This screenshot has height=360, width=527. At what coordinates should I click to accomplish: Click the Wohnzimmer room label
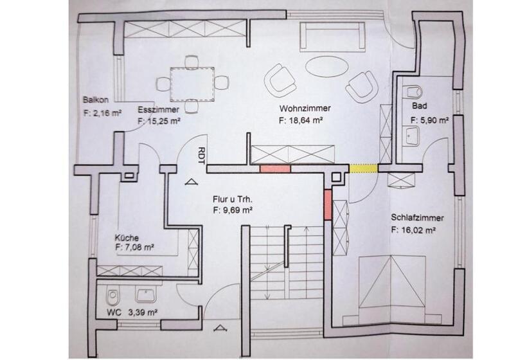[x=305, y=108]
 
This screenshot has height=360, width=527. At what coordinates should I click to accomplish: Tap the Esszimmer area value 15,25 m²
[x=159, y=122]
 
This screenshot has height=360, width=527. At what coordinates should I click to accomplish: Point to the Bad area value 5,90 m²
[x=429, y=120]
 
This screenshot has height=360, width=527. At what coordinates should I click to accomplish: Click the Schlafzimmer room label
[x=417, y=217]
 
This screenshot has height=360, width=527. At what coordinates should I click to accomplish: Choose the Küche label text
[x=127, y=238]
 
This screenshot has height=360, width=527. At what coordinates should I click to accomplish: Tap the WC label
[x=114, y=312]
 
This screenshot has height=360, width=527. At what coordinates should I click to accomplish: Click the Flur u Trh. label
[x=233, y=199]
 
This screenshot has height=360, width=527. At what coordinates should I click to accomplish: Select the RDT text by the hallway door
[x=201, y=156]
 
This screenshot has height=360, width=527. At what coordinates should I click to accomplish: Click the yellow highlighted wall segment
[x=364, y=168]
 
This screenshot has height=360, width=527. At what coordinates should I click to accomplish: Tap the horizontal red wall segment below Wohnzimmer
[x=275, y=168]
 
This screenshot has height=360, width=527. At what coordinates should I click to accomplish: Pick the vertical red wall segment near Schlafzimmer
[x=328, y=204]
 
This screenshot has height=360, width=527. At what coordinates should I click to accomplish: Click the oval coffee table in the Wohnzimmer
[x=326, y=66]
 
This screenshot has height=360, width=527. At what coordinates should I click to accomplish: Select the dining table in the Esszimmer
[x=192, y=84]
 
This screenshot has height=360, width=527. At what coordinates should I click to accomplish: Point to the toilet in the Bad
[x=413, y=91]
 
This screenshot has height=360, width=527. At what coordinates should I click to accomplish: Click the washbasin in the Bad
[x=411, y=136]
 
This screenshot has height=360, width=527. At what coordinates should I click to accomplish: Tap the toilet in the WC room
[x=112, y=296]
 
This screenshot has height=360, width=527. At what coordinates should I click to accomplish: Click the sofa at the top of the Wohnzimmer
[x=332, y=37]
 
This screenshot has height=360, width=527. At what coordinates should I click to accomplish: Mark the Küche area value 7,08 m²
[x=134, y=248]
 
